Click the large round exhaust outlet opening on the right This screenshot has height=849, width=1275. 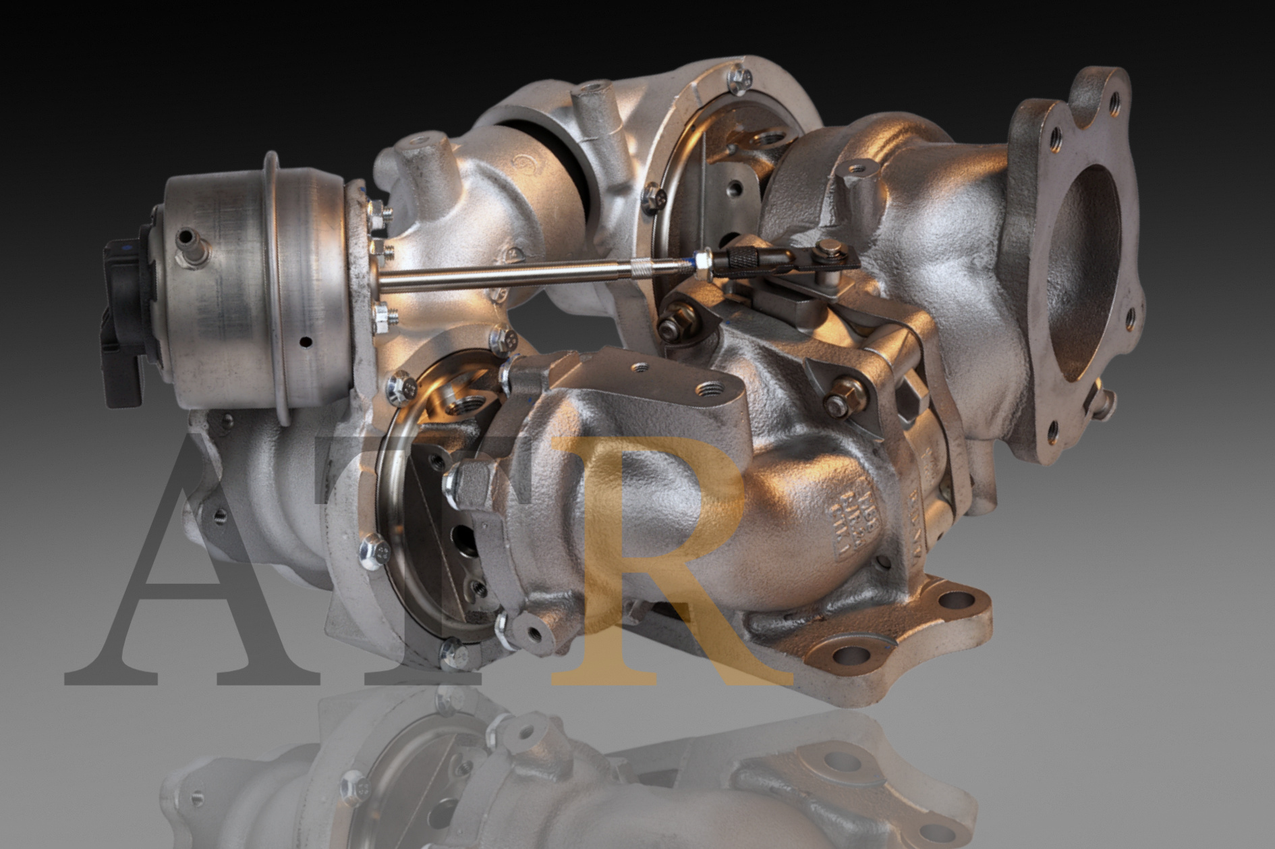pyautogui.click(x=1088, y=270)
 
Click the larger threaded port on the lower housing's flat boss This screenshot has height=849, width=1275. pyautogui.click(x=709, y=389)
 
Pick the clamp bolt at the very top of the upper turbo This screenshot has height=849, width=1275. pyautogui.click(x=737, y=80)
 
